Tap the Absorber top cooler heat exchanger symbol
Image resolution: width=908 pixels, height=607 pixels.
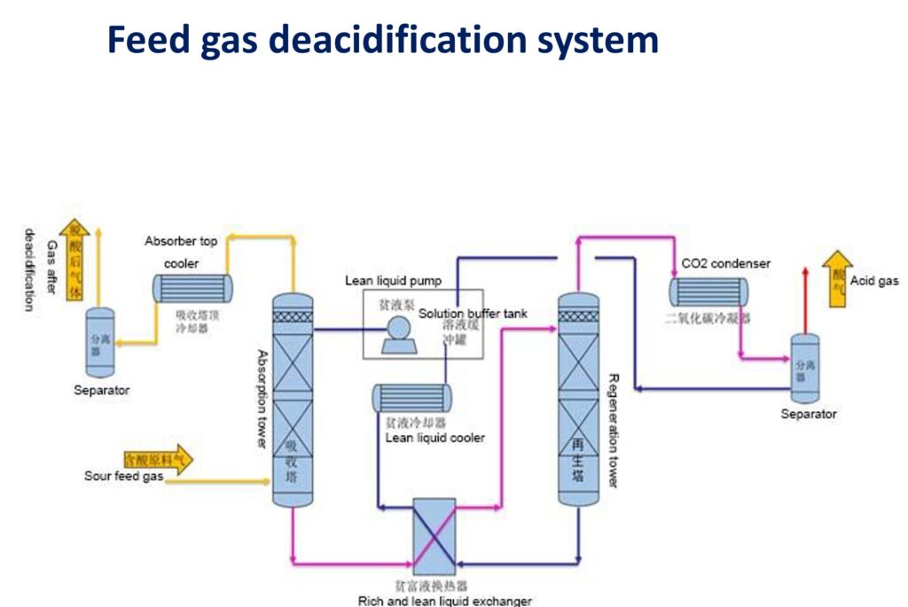click(192, 287)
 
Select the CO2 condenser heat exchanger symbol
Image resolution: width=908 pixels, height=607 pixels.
click(708, 291)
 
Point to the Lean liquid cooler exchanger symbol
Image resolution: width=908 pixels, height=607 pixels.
click(411, 398)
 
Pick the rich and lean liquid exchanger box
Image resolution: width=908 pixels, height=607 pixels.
click(434, 536)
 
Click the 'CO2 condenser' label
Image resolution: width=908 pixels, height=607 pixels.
click(725, 263)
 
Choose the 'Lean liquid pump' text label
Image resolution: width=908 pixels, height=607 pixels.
click(393, 281)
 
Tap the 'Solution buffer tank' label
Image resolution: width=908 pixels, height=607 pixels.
click(473, 313)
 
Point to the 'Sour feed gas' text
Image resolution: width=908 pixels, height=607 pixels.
click(122, 477)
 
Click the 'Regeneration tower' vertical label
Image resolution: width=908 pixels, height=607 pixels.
click(614, 430)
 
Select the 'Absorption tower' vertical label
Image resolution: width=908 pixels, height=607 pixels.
click(262, 398)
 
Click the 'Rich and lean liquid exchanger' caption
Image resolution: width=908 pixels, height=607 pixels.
click(444, 601)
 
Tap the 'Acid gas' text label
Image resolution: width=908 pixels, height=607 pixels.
click(874, 281)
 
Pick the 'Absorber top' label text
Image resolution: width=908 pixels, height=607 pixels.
click(181, 241)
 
